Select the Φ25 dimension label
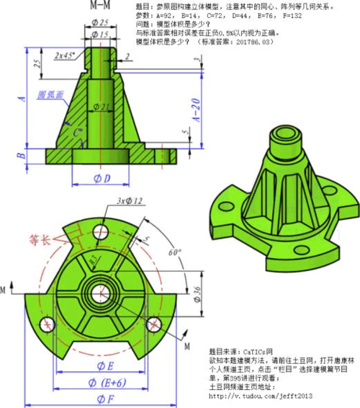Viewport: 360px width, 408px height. (101, 23)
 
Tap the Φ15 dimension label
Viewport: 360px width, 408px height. (101, 35)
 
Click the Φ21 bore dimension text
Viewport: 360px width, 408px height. (104, 107)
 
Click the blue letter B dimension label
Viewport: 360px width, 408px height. (22, 154)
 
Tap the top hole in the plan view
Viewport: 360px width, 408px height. (102, 232)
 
